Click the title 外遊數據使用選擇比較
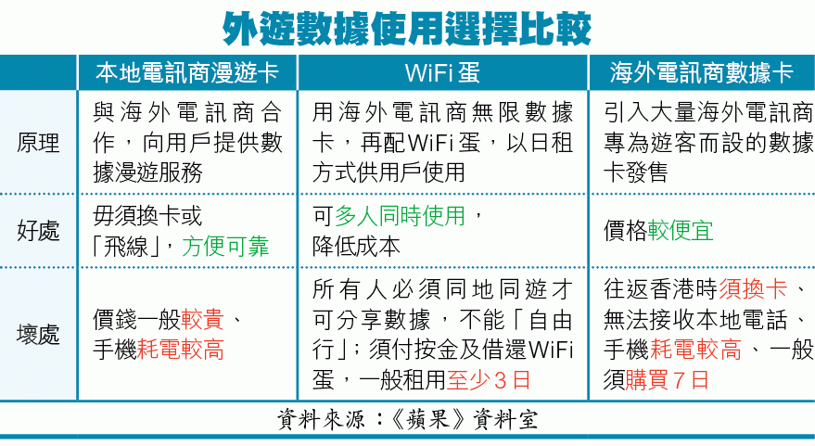click(x=407, y=28)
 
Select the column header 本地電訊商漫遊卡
click(x=187, y=72)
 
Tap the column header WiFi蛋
click(x=442, y=72)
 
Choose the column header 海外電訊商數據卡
click(x=701, y=72)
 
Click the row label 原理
click(x=38, y=143)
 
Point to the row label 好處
click(x=38, y=231)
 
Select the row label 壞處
click(x=38, y=334)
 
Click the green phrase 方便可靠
click(x=225, y=247)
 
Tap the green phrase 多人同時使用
click(x=400, y=216)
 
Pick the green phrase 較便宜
click(x=681, y=231)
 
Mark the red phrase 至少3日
click(x=489, y=380)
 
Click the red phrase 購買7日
click(x=667, y=380)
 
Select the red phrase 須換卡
click(x=753, y=289)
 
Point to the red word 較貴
click(x=203, y=319)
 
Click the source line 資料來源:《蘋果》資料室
click(x=407, y=419)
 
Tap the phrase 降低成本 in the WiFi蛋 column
click(x=356, y=247)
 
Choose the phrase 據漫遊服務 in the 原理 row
click(x=147, y=172)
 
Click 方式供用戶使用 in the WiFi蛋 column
click(x=388, y=172)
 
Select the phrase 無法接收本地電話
click(x=695, y=319)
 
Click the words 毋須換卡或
click(x=147, y=216)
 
